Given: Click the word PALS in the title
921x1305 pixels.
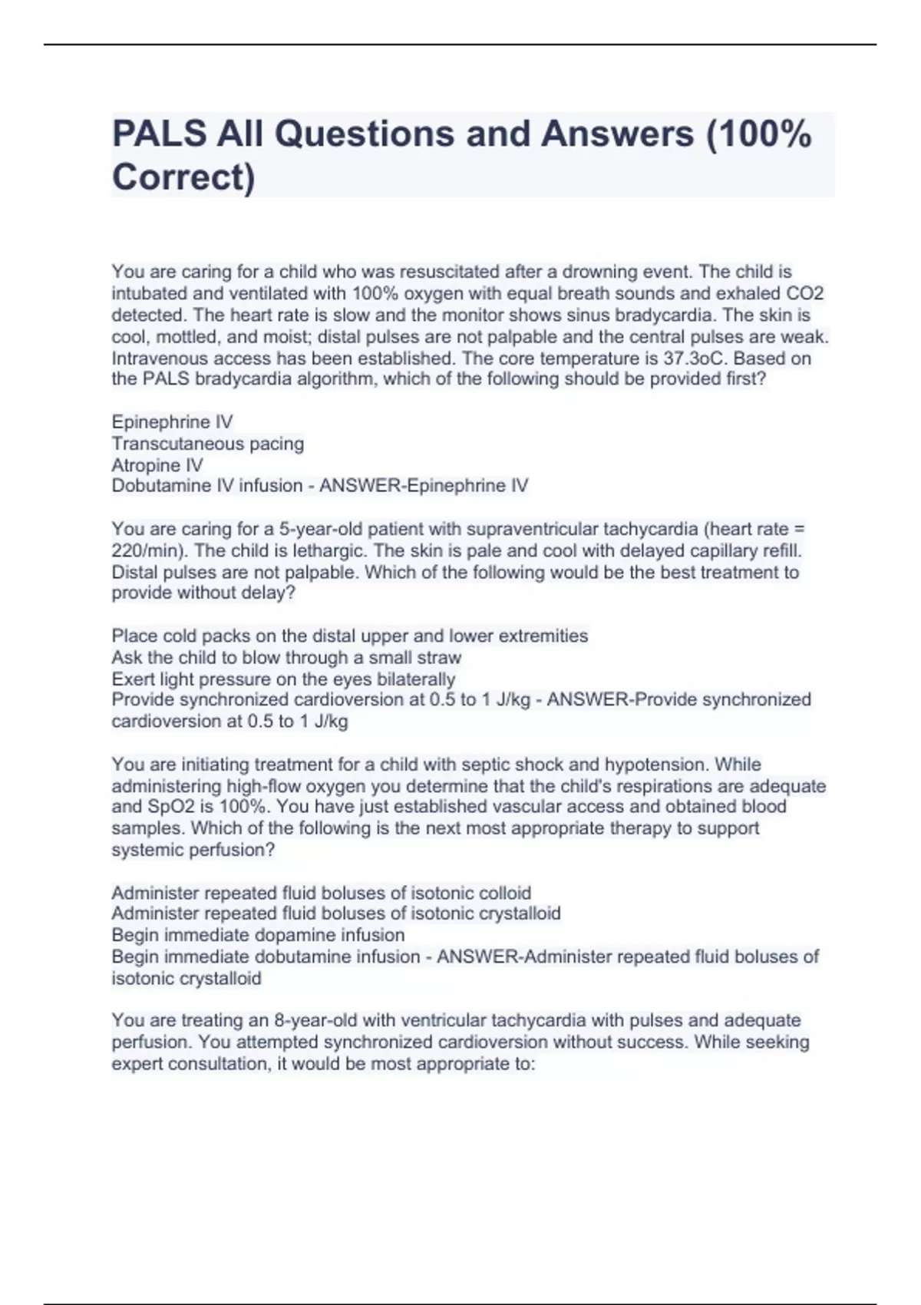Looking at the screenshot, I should [x=159, y=134].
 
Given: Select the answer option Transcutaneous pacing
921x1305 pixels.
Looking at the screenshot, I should [x=207, y=444].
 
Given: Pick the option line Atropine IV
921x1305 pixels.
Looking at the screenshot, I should [x=157, y=465].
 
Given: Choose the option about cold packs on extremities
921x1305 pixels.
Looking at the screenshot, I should [x=349, y=636].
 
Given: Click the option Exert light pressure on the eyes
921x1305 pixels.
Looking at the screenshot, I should [x=283, y=679].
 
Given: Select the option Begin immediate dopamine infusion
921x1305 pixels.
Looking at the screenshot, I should [x=258, y=935].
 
